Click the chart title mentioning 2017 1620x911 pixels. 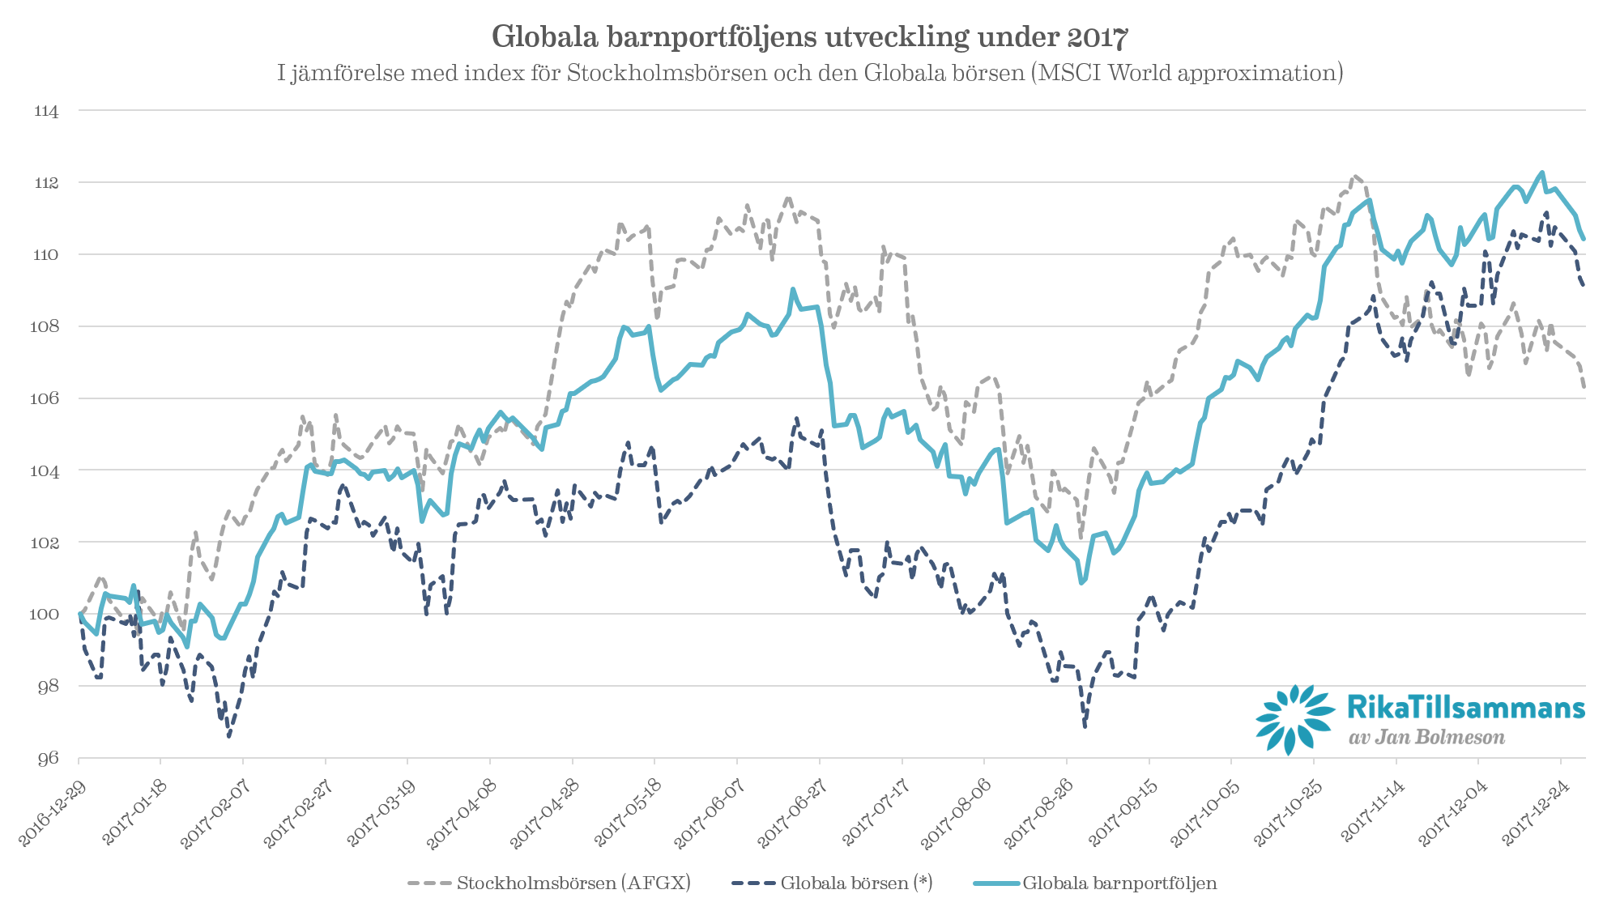pos(809,37)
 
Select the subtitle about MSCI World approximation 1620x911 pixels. pos(809,74)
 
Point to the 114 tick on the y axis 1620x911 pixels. pos(47,112)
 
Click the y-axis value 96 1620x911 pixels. pos(48,758)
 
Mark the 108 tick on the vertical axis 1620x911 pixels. pos(46,326)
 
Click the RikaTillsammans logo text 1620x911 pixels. pos(1465,708)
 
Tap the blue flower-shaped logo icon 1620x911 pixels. pos(1294,719)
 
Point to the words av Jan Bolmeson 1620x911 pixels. pos(1426,738)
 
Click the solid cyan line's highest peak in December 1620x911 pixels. pos(1541,172)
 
